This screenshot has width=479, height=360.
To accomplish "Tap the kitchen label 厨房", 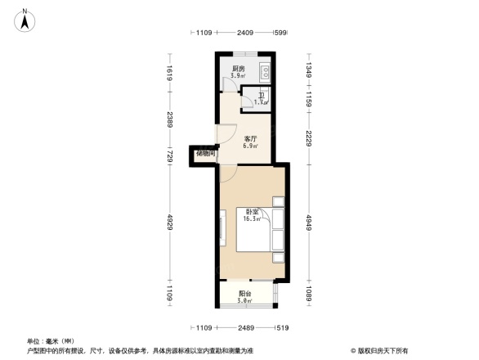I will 239,69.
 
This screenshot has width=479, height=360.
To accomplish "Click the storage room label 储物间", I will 205,153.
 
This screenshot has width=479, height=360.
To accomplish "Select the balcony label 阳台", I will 245,294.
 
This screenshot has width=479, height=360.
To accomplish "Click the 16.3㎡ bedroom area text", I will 251,219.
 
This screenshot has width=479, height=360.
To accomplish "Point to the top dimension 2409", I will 245,33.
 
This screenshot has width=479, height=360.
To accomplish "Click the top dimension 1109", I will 204,33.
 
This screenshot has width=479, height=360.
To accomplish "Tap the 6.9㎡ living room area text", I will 251,146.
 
